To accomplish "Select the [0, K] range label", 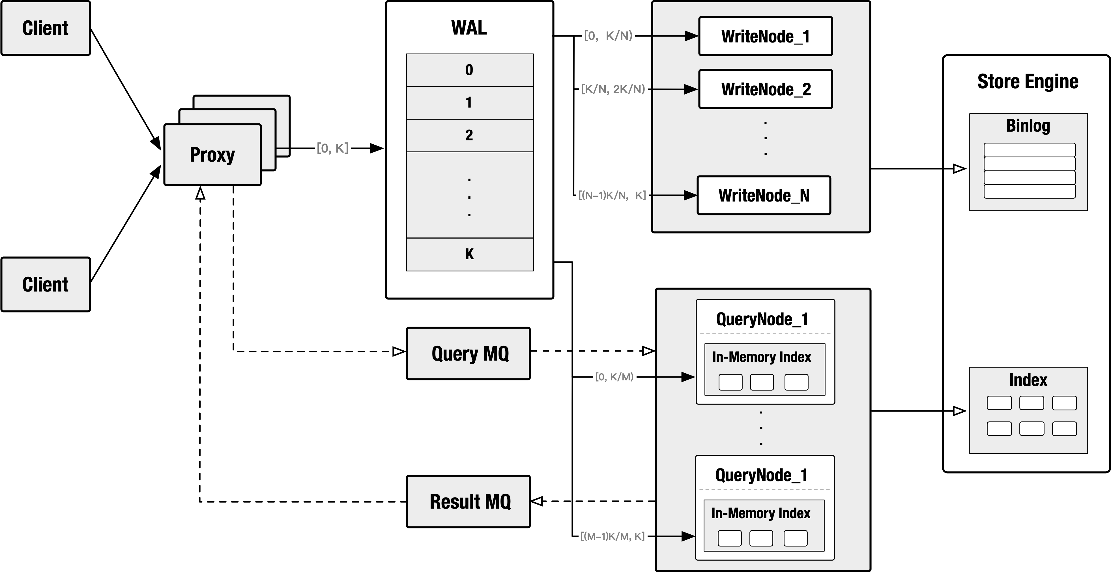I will coord(332,148).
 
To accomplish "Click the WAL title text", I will coord(469,28).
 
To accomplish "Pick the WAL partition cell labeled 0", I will coord(470,70).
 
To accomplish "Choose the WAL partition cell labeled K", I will coord(470,254).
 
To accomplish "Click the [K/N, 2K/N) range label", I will coord(613,89).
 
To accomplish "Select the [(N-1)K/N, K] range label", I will coord(612,195).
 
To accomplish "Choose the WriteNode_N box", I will coord(764,195).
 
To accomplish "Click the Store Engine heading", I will coord(1028,82).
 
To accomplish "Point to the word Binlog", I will coord(1028,126).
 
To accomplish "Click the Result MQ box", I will coord(469,501).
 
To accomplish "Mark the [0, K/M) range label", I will coord(614,377).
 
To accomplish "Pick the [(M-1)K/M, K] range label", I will coord(613,536).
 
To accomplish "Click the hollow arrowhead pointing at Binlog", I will coord(959,169).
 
